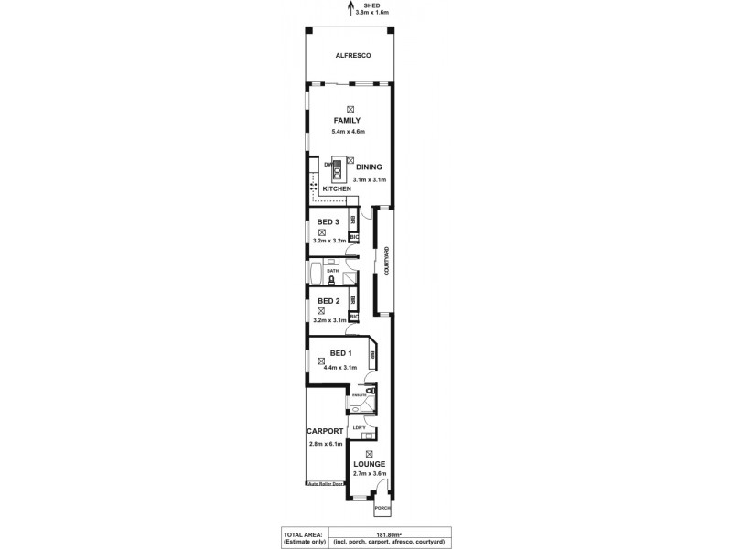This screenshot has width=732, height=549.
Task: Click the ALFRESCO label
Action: pos(351,56)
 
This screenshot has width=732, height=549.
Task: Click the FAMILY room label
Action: pos(346,120)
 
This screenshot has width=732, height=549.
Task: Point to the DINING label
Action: pos(369,167)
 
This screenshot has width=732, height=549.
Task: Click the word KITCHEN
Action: pos(336,188)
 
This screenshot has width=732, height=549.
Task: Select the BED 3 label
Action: pos(328,222)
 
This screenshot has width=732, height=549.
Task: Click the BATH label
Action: pos(332,271)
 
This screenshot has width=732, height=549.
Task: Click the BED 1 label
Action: pos(340,353)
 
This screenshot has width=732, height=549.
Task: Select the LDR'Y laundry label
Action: pos(360,428)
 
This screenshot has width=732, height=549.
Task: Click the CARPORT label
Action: pos(325,431)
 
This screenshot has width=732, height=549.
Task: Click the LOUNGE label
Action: pos(370,464)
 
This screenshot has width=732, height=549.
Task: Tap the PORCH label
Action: pos(382,508)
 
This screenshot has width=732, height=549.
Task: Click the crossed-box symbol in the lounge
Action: pos(370,454)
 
